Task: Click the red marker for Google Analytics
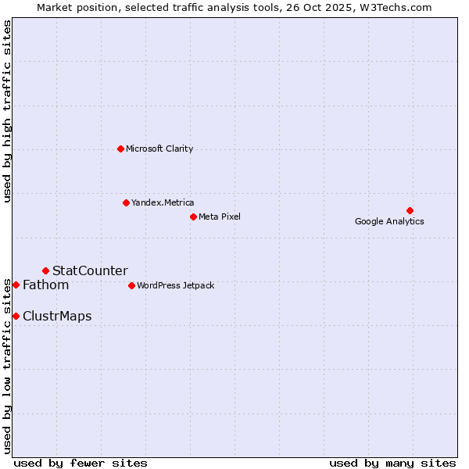(410, 210)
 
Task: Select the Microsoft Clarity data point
(120, 149)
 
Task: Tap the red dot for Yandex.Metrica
(126, 202)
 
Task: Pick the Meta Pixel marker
(193, 217)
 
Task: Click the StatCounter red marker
(45, 270)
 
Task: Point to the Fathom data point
(16, 285)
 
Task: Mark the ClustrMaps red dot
(16, 316)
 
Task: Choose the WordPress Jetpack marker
(131, 285)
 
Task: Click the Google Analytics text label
(389, 222)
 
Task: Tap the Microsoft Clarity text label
(159, 149)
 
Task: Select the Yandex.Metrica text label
(163, 202)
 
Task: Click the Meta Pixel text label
(220, 217)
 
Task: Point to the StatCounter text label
(90, 270)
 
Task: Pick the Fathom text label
(45, 285)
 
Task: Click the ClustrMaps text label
(57, 316)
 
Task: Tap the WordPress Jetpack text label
(175, 285)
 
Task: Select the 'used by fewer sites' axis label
(81, 463)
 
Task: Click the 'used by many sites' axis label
(392, 463)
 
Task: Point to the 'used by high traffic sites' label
(7, 111)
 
